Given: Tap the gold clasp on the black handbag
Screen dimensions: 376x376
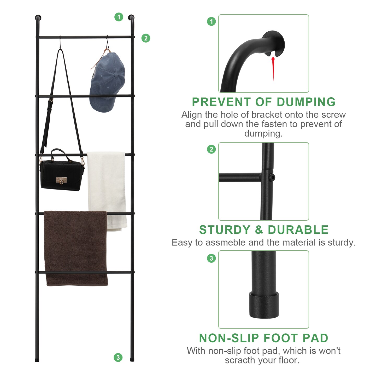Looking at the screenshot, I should [x=61, y=180].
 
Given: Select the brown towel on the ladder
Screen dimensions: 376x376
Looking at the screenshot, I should [x=76, y=248].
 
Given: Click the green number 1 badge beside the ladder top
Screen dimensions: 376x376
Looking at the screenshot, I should [x=119, y=17].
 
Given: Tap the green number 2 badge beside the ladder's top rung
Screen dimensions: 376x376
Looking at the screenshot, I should [x=146, y=38].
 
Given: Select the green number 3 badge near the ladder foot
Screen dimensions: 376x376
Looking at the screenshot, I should [x=118, y=357].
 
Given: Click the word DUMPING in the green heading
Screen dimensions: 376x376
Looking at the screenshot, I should [x=306, y=102].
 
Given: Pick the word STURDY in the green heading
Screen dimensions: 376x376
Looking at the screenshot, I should [x=225, y=230].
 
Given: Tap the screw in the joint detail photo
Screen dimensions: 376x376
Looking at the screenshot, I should [x=272, y=178].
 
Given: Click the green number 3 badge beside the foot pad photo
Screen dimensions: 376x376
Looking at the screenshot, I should [x=211, y=258].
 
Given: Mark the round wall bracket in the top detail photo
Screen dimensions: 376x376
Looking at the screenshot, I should [x=274, y=42].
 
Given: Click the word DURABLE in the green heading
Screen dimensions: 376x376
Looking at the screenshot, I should [x=298, y=230].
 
